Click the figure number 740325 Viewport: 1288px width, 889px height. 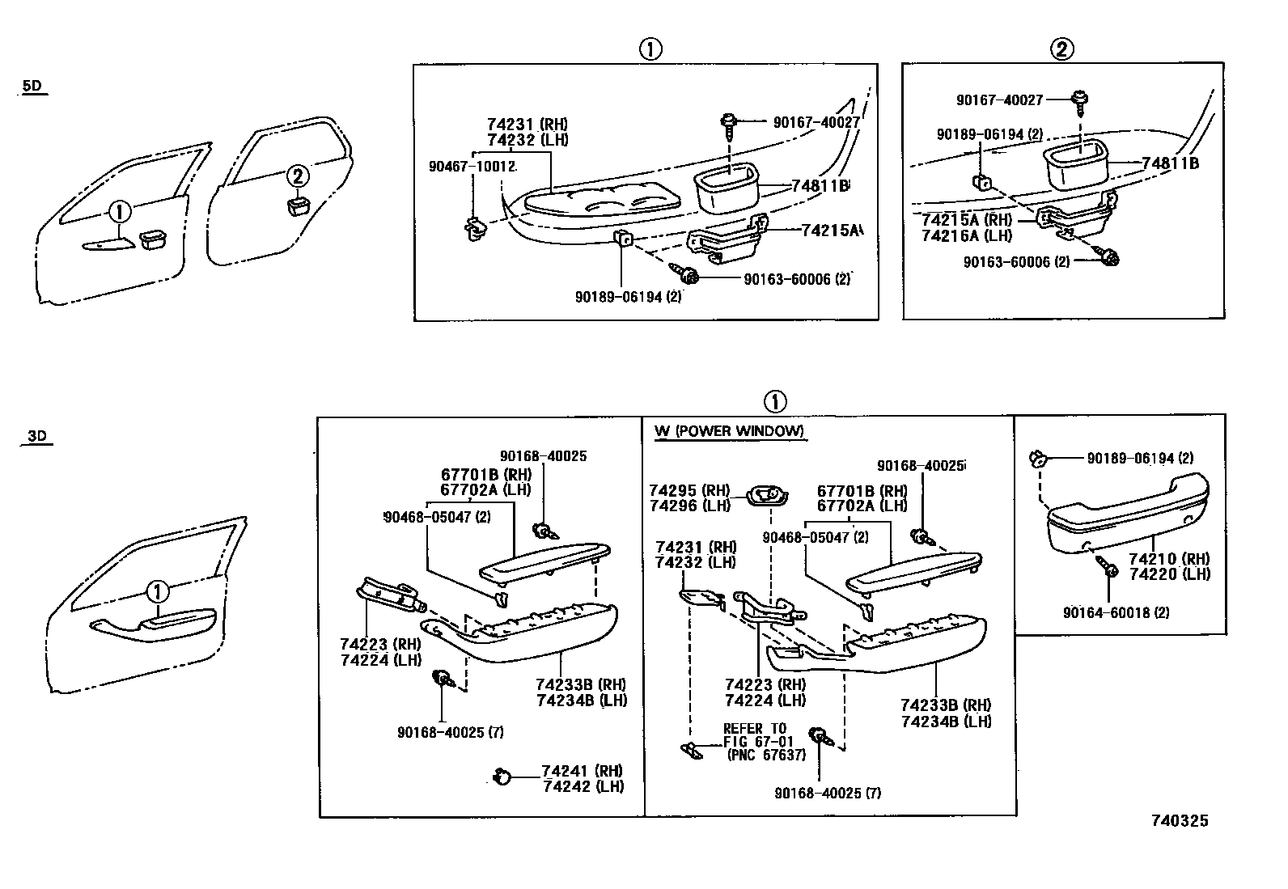[x=1179, y=821]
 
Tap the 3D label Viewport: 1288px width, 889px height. [x=36, y=436]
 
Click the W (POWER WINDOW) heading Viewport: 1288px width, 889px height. [x=729, y=431]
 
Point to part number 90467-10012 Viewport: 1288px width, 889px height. [x=472, y=166]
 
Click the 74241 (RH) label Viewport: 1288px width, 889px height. [x=583, y=771]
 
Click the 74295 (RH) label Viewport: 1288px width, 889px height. [x=688, y=490]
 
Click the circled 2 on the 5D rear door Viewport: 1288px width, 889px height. [x=298, y=176]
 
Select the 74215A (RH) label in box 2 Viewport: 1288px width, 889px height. [x=967, y=219]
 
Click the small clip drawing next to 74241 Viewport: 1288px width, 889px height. [x=502, y=777]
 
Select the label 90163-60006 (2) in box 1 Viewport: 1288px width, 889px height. [x=796, y=279]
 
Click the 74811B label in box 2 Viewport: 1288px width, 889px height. [x=1170, y=163]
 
